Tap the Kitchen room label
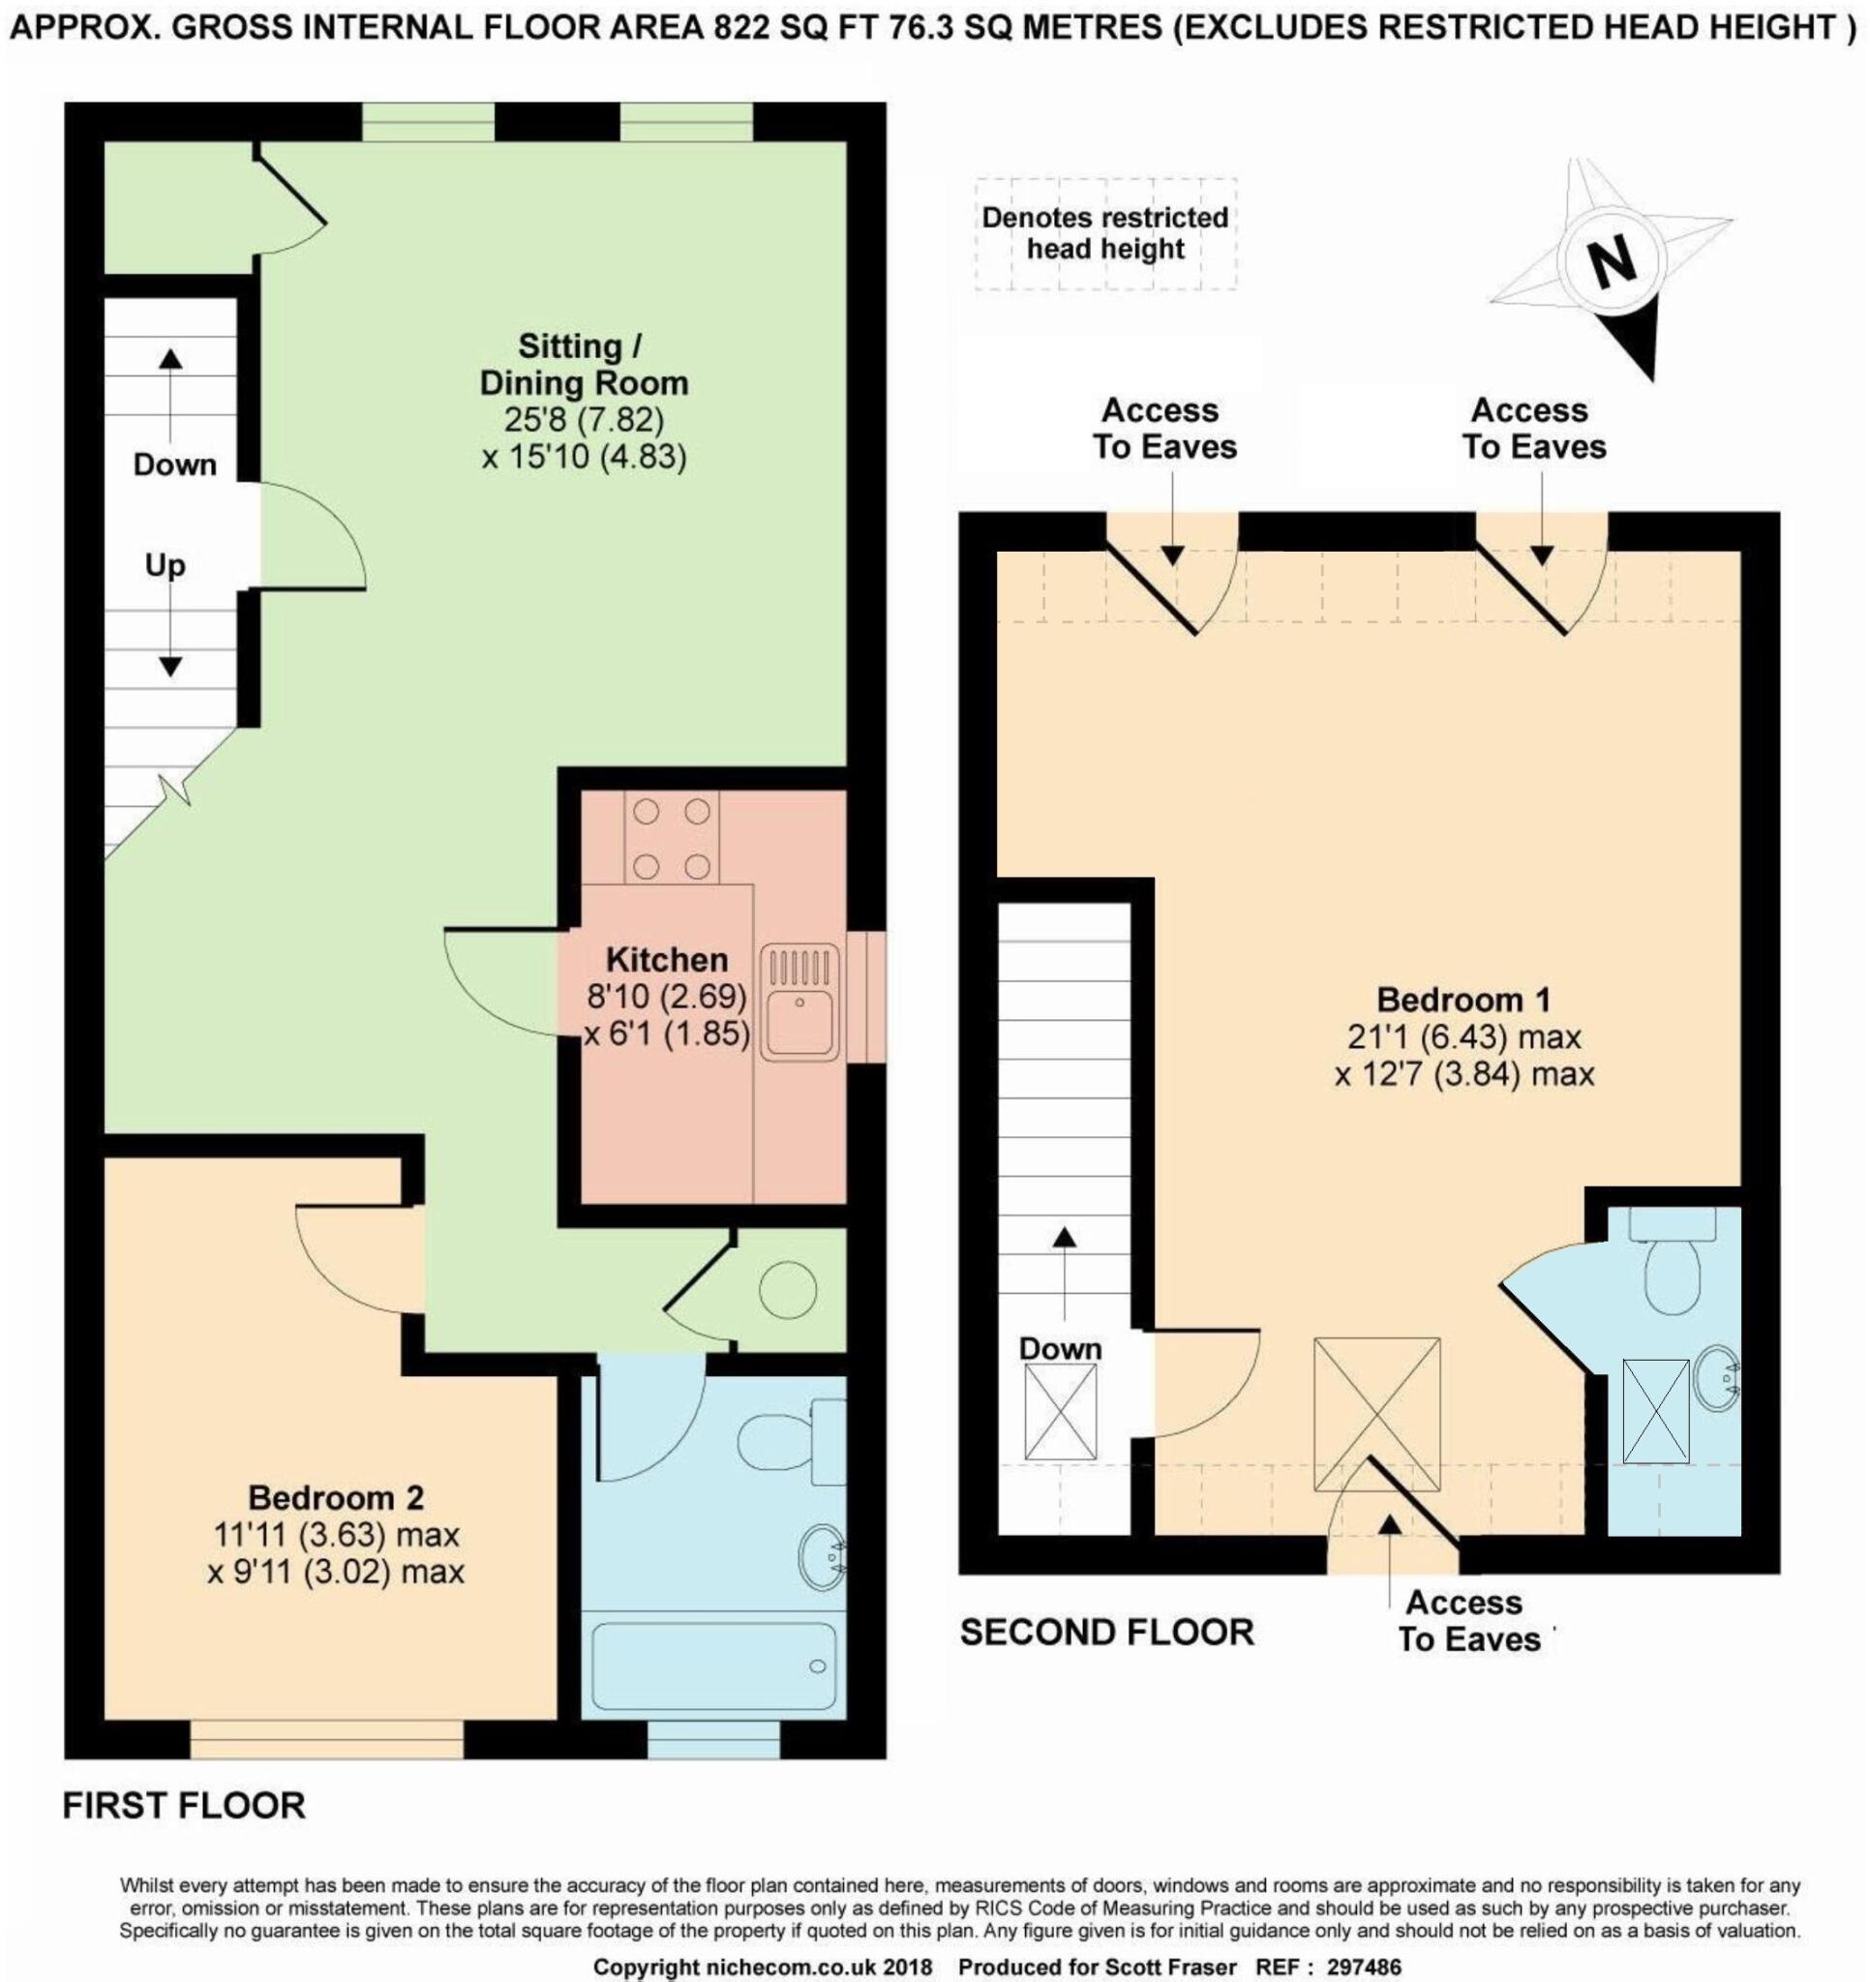(666, 960)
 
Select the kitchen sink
(799, 1002)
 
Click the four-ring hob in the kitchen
(670, 837)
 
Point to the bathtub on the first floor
(713, 1666)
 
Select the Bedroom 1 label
(1463, 1000)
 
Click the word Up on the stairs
(165, 565)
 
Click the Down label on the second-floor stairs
(1059, 1350)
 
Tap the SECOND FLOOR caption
(1106, 1632)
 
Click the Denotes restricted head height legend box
(1105, 233)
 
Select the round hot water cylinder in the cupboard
(788, 1291)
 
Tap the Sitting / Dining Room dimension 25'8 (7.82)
(584, 420)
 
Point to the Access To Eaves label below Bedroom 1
(1468, 1621)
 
